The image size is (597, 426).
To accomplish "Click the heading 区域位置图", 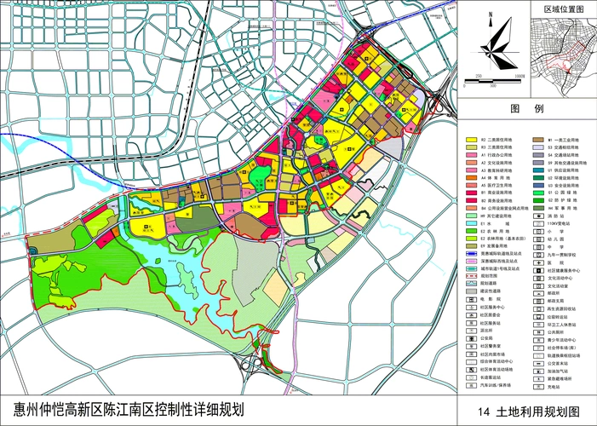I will tap(563, 8).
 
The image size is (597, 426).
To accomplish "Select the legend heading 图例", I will tap(525, 110).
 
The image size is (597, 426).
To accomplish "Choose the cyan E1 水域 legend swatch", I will tap(470, 224).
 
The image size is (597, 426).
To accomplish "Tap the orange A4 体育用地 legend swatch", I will tap(470, 176).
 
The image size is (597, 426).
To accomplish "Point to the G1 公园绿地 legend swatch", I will tap(538, 193).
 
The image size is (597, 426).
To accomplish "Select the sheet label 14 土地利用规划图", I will tap(526, 410).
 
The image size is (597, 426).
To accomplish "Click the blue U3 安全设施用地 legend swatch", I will tap(538, 185).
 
